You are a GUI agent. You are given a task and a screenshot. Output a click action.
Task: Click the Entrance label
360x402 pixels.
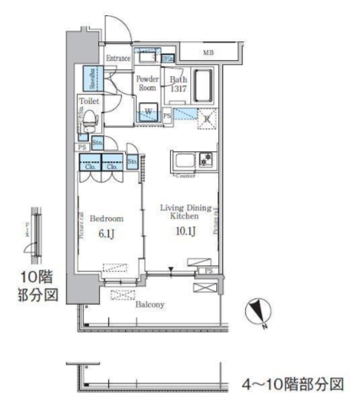[118, 58]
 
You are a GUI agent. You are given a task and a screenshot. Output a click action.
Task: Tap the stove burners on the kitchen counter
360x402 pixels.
[204, 160]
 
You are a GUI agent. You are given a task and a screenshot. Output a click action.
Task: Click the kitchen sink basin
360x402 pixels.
[183, 160]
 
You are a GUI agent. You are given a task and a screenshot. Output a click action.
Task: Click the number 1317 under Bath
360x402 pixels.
[177, 89]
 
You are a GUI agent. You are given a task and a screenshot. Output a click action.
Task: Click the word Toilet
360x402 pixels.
[90, 100]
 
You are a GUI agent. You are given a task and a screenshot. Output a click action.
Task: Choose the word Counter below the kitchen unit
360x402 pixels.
[183, 175]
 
